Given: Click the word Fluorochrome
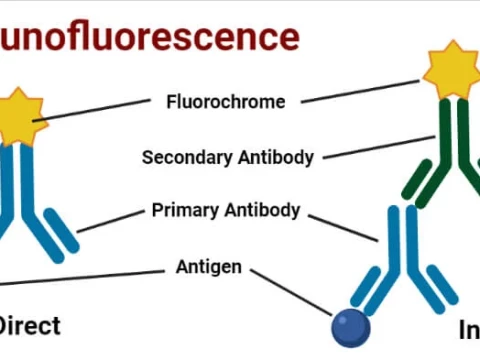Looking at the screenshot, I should click(x=225, y=101).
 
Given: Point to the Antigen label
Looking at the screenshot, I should click(x=208, y=267).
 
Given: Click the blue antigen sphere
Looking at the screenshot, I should click(x=350, y=327).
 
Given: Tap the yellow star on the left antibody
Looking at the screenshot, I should click(x=22, y=114).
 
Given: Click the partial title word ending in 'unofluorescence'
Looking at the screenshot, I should click(x=150, y=36).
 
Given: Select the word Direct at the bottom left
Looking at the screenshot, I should click(x=30, y=325).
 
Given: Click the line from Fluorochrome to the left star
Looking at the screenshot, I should click(x=95, y=109).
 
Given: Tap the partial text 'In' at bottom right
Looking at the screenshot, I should click(x=468, y=330).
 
